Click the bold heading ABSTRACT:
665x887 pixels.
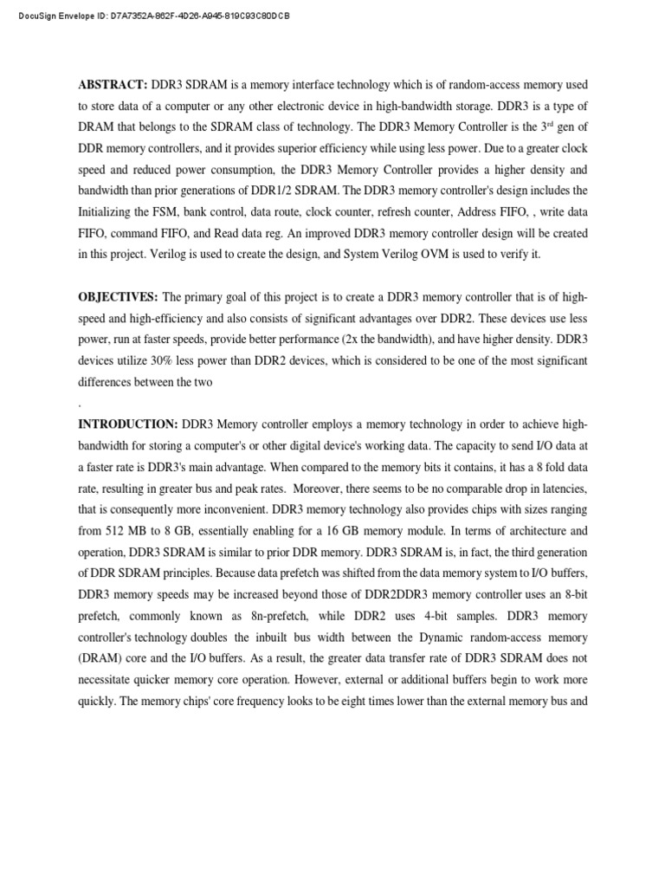[x=113, y=85]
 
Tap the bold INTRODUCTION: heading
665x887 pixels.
[x=128, y=424]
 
